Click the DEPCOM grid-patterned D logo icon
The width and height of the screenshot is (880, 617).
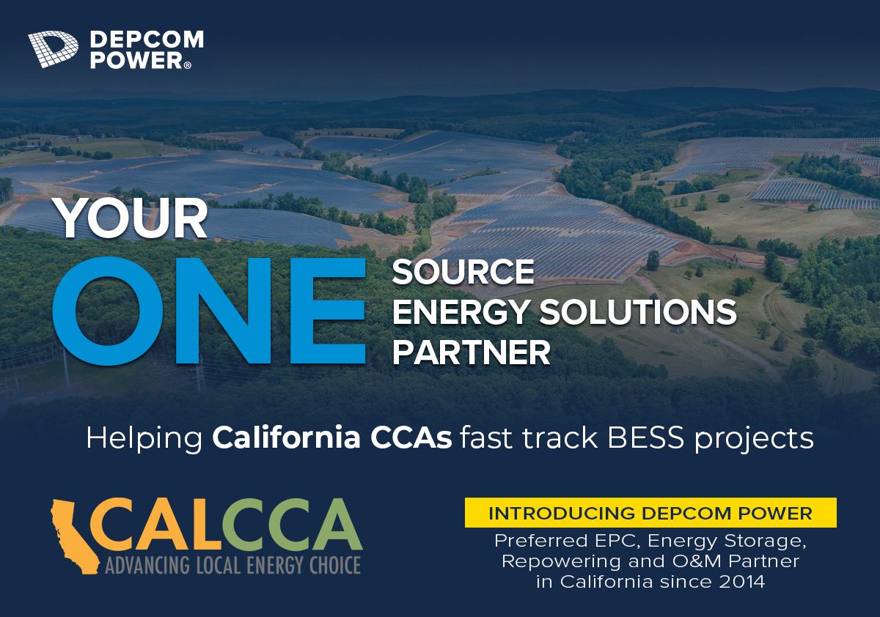pos(53,49)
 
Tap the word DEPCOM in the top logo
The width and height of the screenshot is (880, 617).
pos(147,40)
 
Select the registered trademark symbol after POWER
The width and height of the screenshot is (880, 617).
pos(188,65)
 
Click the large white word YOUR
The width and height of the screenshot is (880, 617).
pos(131,218)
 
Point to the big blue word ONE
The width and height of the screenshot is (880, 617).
pos(210,311)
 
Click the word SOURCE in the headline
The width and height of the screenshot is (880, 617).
pos(463,272)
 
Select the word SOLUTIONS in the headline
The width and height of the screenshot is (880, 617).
pos(637,312)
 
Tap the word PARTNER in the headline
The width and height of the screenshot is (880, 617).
pos(472,352)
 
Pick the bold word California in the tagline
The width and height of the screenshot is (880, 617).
pos(287,437)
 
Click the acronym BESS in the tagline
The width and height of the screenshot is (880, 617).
pos(645,437)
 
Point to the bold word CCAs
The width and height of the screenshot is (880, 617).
pos(411,437)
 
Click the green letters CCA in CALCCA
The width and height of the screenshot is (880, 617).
pos(293,525)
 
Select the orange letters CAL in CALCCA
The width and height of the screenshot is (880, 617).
pos(156,525)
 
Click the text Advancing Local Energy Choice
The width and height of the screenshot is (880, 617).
pos(233,565)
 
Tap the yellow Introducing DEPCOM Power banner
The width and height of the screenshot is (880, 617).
pos(650,513)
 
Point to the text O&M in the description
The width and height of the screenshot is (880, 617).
pos(697,561)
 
